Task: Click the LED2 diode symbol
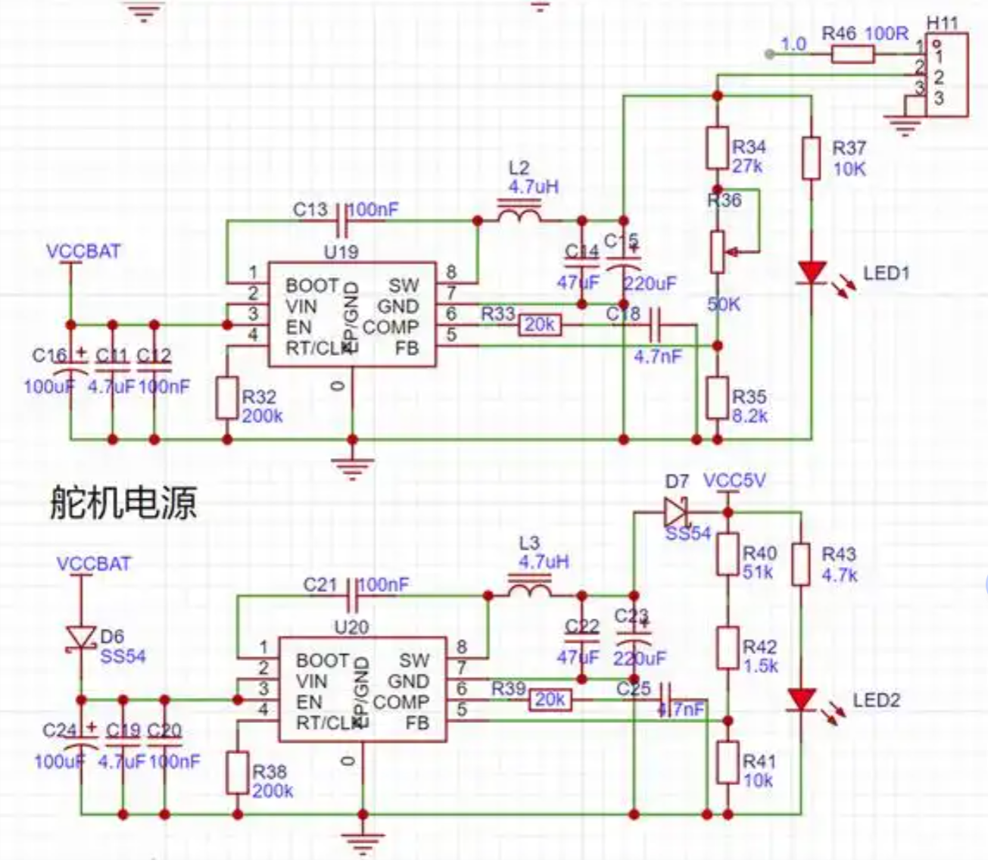(x=801, y=699)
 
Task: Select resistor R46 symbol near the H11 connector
(x=852, y=54)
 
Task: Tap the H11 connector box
(x=945, y=76)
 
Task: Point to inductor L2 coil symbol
(x=519, y=213)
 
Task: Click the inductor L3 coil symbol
(x=528, y=589)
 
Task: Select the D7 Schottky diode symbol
(x=675, y=512)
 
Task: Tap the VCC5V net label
(x=734, y=481)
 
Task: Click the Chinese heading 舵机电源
(x=123, y=502)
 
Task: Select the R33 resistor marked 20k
(x=539, y=326)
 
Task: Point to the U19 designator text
(x=341, y=252)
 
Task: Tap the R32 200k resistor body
(x=227, y=398)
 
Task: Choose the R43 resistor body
(x=801, y=565)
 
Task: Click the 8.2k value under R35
(x=750, y=416)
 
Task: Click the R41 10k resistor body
(x=728, y=763)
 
